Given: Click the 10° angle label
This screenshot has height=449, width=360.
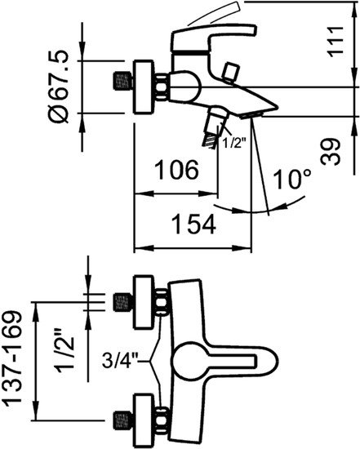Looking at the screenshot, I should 288,180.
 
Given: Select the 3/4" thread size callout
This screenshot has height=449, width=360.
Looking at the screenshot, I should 122,357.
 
